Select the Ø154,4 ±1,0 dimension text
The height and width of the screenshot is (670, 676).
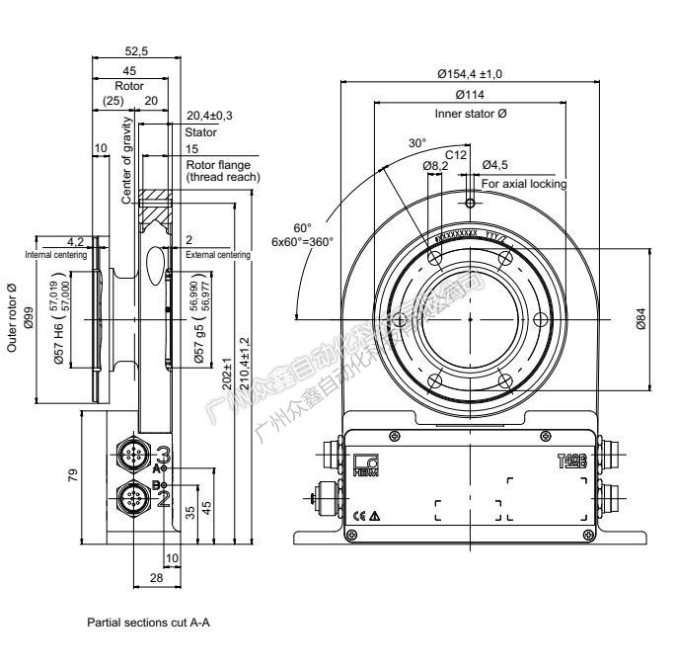pyautogui.click(x=471, y=73)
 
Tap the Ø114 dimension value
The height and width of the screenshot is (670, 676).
pyautogui.click(x=471, y=95)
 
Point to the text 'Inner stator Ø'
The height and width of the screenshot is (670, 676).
pyautogui.click(x=471, y=114)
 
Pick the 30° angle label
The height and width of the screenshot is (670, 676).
pyautogui.click(x=418, y=142)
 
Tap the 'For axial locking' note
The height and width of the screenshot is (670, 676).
pyautogui.click(x=524, y=183)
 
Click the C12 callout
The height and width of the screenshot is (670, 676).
pyautogui.click(x=455, y=153)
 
